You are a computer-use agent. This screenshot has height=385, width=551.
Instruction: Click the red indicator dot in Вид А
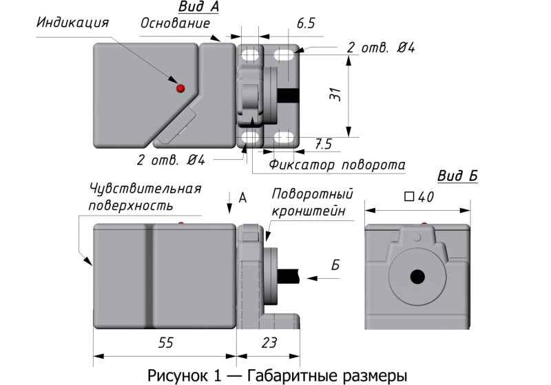tap(180, 88)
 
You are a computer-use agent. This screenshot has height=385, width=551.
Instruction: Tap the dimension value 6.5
tap(306, 23)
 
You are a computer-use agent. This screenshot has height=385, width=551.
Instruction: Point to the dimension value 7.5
tap(323, 144)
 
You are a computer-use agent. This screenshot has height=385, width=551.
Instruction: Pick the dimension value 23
tap(270, 342)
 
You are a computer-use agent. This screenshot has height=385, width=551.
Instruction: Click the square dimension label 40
tap(419, 197)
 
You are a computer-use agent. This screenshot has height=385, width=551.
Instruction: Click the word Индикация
tap(73, 23)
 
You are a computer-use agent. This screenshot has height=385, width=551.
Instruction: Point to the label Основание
tap(175, 23)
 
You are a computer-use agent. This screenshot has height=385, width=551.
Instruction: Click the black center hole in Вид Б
tap(417, 277)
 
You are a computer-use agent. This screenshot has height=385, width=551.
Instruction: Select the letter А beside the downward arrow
tap(242, 198)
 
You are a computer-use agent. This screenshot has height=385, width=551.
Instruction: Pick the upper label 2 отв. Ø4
tap(381, 48)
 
